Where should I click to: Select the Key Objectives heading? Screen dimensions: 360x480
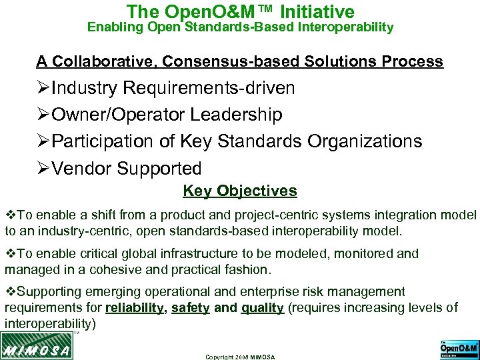240,191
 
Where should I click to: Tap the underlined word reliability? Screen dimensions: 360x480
134,307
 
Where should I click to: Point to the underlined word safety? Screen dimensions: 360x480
191,307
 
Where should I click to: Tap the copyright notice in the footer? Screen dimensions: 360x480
240,357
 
